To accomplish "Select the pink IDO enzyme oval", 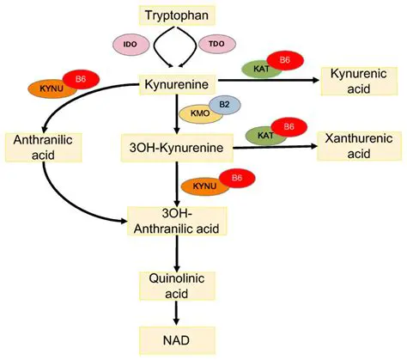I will pos(130,42).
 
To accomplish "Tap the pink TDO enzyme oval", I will pos(216,42).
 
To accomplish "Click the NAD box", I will pos(175,337).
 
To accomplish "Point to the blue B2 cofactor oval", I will pos(224,104).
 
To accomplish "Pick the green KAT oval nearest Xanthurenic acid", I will pos(263,135).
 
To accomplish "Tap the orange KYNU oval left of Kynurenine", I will pos(52,88).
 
